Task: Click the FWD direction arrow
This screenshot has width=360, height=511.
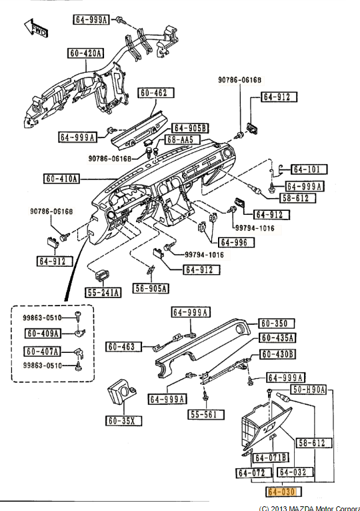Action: click(x=36, y=27)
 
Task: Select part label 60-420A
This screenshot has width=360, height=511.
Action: click(x=86, y=53)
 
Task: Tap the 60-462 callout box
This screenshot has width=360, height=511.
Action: click(x=156, y=93)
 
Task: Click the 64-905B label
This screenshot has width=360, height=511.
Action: click(x=190, y=128)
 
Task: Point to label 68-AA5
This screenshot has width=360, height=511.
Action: click(x=180, y=140)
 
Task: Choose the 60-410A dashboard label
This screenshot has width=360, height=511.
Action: click(x=62, y=179)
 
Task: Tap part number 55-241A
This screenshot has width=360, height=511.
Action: click(x=103, y=293)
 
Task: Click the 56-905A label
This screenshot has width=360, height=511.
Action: click(x=151, y=288)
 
